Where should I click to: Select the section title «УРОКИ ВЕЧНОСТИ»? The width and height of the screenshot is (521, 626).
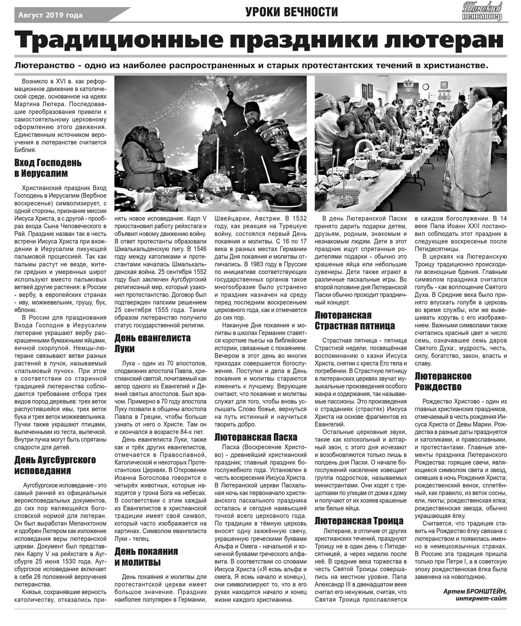click(x=291, y=12)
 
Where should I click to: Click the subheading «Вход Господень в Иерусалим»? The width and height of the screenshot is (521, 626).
click(x=48, y=168)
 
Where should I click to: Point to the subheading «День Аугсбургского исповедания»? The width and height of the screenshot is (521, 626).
click(x=55, y=465)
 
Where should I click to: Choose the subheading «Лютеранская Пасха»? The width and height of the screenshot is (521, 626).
click(x=256, y=437)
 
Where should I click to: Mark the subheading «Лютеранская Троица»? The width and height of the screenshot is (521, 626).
click(x=359, y=521)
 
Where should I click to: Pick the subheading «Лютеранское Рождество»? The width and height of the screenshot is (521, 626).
click(x=443, y=381)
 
